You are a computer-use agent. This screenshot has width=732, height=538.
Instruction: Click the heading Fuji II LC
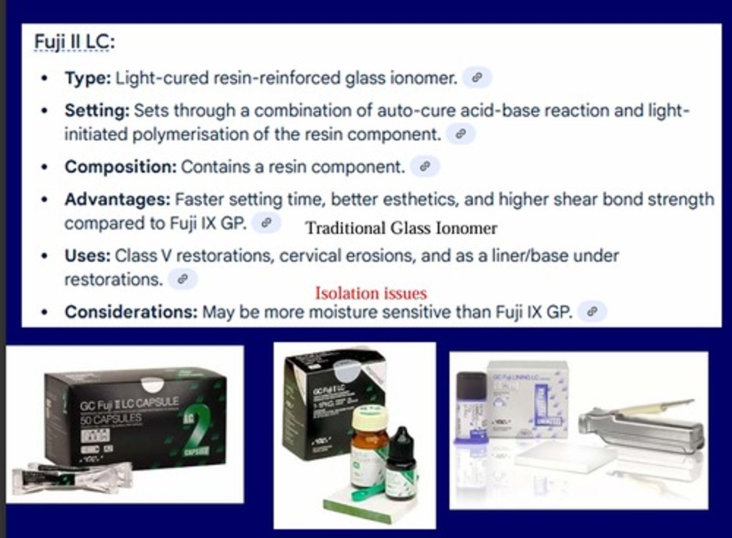[74, 42]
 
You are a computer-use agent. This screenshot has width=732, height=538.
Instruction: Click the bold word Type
[87, 78]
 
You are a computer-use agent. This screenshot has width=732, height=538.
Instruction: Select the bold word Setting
[97, 111]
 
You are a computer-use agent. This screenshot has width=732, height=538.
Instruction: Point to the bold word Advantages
[117, 199]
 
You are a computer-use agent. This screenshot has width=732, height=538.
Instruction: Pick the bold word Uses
[87, 256]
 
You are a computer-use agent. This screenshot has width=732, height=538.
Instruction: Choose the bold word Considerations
[131, 311]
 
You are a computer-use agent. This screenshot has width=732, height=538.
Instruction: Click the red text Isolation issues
[371, 293]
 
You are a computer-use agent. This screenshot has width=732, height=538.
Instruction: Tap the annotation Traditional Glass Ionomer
[401, 228]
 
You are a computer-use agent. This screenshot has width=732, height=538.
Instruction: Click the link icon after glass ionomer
[477, 78]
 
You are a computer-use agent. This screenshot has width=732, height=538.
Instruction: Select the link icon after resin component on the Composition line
[425, 166]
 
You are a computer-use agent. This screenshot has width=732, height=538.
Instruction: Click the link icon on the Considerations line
[592, 311]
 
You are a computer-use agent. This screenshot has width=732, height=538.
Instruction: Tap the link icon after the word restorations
[182, 279]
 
